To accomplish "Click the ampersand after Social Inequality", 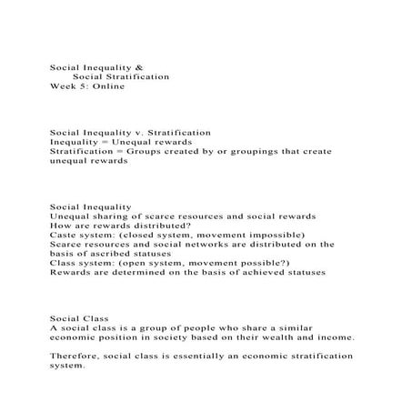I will pyautogui.click(x=139, y=67).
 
